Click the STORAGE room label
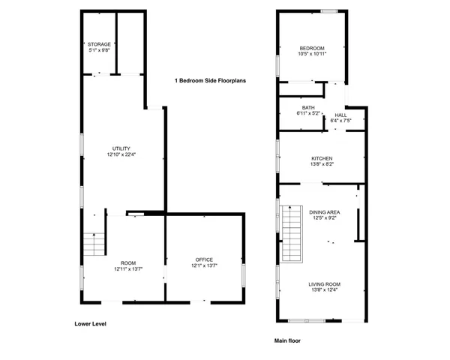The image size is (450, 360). click(x=99, y=44)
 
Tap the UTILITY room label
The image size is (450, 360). click(x=121, y=148)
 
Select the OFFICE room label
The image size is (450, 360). click(x=204, y=259)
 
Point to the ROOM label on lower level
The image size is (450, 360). click(x=129, y=262)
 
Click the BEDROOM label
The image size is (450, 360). click(x=311, y=48)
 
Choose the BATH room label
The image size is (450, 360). click(x=308, y=107)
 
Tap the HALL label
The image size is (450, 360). click(x=340, y=114)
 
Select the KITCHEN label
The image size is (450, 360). click(x=322, y=158)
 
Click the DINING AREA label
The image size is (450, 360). click(x=324, y=212)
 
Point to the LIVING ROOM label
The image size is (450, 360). click(x=323, y=284)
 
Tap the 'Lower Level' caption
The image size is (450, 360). click(x=90, y=324)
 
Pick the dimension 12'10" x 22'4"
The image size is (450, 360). click(x=121, y=154)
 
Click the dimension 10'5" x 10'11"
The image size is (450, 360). click(x=311, y=54)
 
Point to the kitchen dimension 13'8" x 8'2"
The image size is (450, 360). click(x=322, y=164)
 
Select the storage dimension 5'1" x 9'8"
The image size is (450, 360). click(x=99, y=50)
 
